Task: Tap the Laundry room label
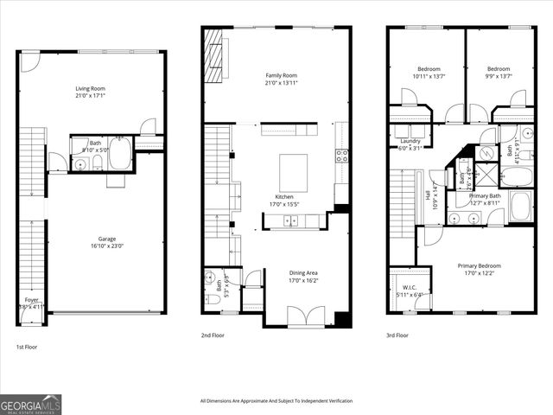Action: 410,141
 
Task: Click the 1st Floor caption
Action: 27,346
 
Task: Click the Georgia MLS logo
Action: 31,404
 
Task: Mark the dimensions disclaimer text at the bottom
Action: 276,401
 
